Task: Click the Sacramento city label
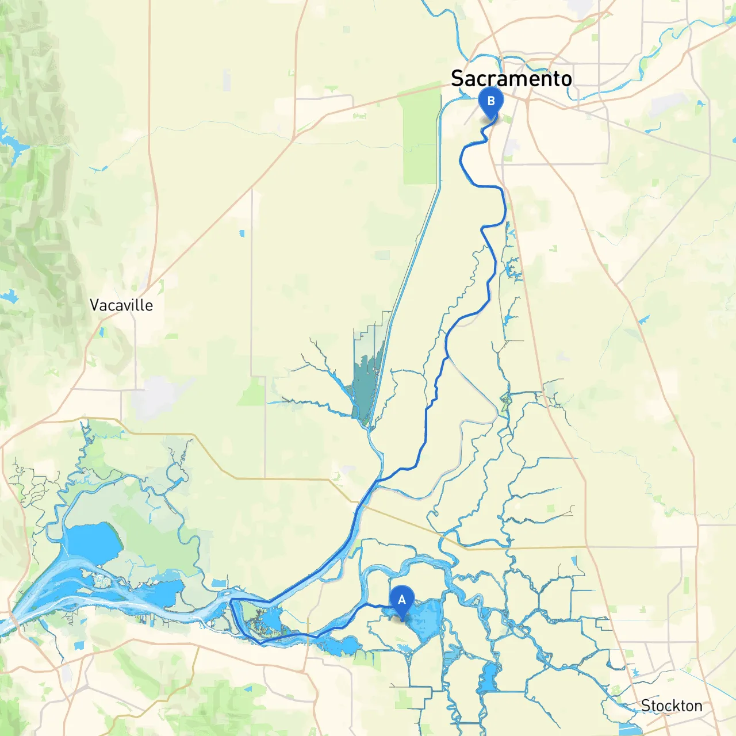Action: pos(511,78)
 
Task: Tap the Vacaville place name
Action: pos(121,305)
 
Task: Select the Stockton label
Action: pos(672,706)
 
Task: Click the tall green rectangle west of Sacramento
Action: pos(421,138)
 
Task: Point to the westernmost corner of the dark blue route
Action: pos(231,600)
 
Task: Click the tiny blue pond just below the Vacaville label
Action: pos(102,332)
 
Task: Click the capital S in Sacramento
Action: pos(458,78)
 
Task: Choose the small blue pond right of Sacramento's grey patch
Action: pos(700,104)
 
